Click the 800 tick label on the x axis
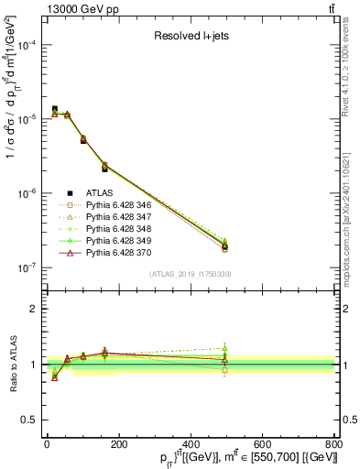pyautogui.click(x=333, y=444)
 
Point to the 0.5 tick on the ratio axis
pyautogui.click(x=30, y=420)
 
